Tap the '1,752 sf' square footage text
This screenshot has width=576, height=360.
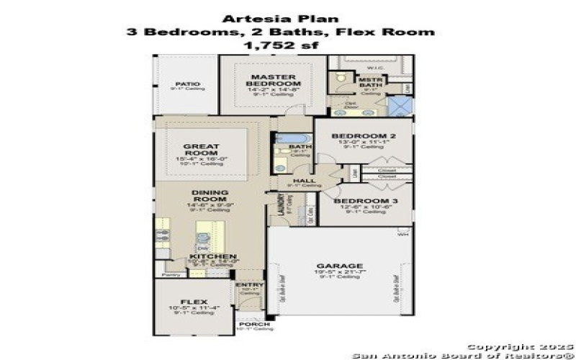coord(281,45)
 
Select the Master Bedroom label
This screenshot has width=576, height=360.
coord(270,80)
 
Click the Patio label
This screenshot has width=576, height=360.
coord(187,84)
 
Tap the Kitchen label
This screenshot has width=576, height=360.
coord(212,256)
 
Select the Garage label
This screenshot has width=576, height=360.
coord(339,266)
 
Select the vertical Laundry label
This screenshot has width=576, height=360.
coord(272,209)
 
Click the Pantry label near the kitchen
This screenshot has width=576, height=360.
coord(171,274)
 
